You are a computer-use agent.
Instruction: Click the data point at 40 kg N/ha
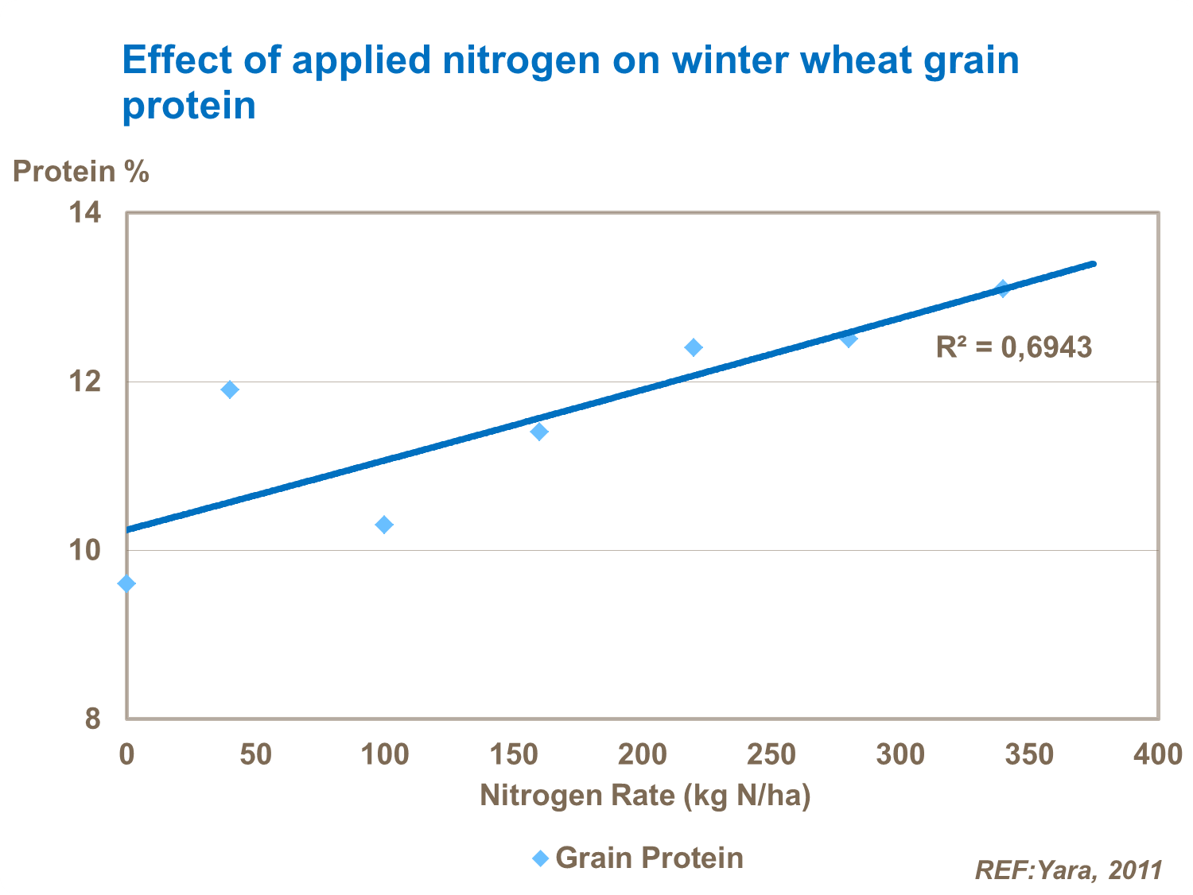pos(230,389)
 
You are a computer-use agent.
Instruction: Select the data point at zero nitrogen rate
pos(126,584)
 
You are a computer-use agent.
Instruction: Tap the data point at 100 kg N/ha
pos(384,525)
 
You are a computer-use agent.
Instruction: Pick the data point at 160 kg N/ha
pos(539,432)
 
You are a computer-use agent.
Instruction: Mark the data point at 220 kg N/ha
pos(694,347)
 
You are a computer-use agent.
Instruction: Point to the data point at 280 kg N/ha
pos(849,339)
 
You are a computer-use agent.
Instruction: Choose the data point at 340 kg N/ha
pos(1003,289)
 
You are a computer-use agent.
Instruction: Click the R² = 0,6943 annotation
pos(1014,347)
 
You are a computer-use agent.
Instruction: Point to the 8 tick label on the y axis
pos(92,719)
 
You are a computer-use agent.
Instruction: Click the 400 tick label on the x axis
pos(1158,754)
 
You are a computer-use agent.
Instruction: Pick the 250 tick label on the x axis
pos(771,754)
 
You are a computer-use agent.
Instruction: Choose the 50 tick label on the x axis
pos(255,754)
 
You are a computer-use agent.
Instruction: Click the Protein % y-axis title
pos(80,172)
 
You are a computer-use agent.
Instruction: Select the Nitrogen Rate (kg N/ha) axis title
pos(645,796)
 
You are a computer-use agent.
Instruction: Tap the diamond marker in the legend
pos(541,859)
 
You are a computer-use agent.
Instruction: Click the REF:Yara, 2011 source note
pos(1068,870)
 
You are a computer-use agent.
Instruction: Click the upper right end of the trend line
pos(1094,264)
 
